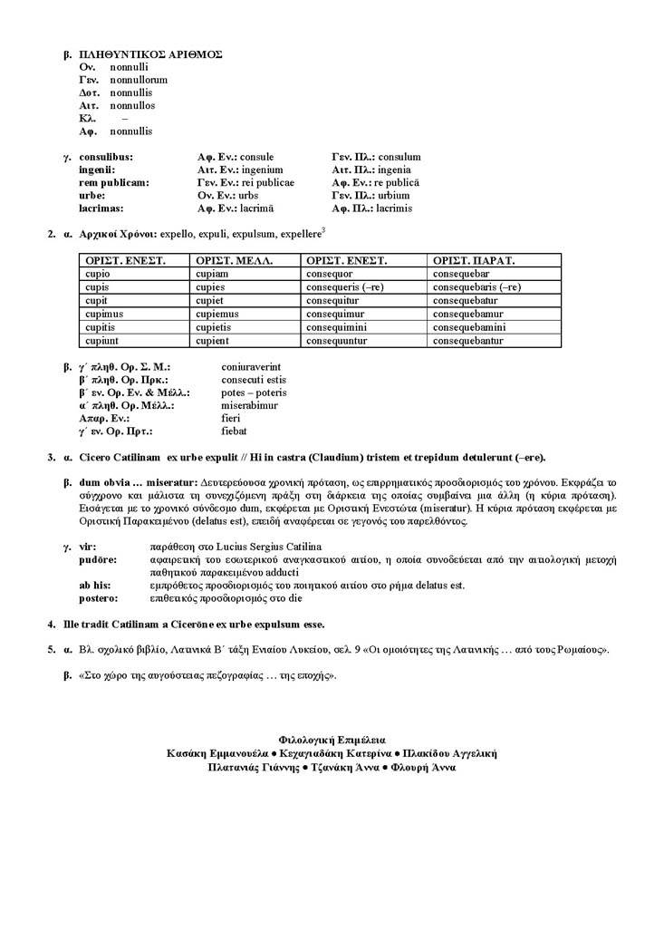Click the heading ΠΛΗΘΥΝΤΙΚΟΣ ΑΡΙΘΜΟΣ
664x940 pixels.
point(151,54)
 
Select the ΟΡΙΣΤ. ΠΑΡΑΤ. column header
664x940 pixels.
point(474,260)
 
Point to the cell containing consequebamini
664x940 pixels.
point(469,327)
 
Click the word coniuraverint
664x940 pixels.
point(249,367)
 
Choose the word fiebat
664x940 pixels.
point(234,431)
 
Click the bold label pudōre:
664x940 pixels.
point(99,560)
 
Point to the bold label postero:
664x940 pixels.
point(99,598)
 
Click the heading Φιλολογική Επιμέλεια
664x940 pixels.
point(332,741)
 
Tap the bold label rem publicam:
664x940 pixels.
point(114,182)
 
